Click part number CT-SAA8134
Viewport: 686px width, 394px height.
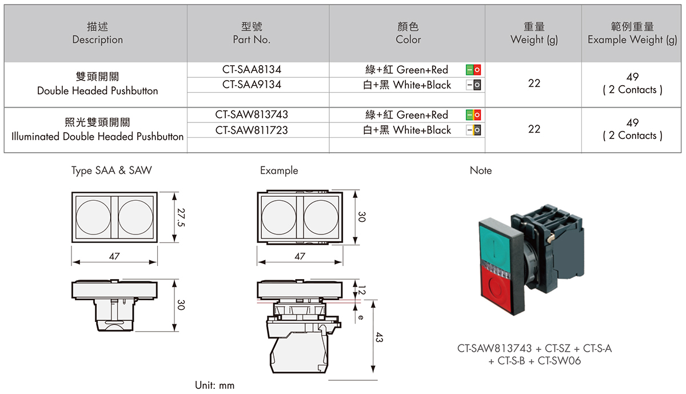coord(252,69)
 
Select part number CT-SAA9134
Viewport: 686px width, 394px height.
coord(252,85)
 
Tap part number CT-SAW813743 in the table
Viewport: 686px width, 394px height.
coord(252,114)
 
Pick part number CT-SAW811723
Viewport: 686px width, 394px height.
coord(252,130)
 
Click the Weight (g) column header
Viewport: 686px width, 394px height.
coord(534,39)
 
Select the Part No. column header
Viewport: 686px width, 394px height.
coord(252,39)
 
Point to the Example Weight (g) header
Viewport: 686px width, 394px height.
coord(632,39)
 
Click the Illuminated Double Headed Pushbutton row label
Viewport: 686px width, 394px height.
coord(97,136)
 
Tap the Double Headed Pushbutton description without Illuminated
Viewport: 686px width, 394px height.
coord(97,91)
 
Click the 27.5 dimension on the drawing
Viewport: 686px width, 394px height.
coord(181,218)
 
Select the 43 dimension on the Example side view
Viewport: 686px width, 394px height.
coord(378,338)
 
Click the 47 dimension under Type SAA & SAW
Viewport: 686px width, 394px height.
coord(114,257)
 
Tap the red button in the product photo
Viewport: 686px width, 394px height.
coord(496,289)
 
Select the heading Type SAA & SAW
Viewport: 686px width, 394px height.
coord(112,170)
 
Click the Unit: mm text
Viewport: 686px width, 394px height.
coord(214,385)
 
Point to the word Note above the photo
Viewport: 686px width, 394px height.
coord(480,170)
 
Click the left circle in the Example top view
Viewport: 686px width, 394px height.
coord(278,217)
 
